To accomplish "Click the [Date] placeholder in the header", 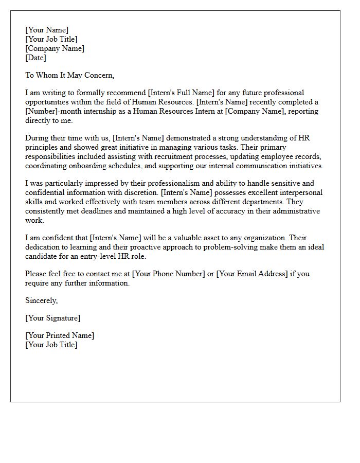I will (35, 58).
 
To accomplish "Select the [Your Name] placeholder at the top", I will (47, 30).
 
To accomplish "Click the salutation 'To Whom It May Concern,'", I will (69, 75).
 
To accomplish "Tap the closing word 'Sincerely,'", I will (42, 300).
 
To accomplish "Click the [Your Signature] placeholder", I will (53, 318).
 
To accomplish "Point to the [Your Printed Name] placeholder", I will (60, 335).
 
